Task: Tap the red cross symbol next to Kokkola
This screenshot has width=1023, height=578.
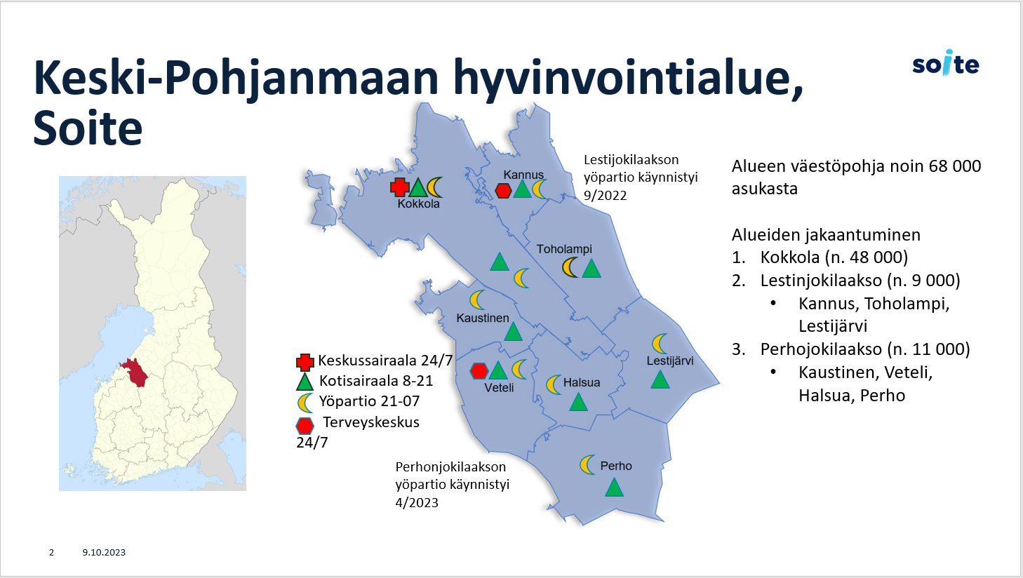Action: [400, 187]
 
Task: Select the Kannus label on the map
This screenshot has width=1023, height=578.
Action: [523, 175]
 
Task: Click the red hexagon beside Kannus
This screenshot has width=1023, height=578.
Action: [503, 190]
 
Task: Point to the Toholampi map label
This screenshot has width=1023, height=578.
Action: [564, 249]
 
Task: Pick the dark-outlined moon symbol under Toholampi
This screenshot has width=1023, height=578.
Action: [570, 267]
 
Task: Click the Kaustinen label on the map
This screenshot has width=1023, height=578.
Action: [483, 318]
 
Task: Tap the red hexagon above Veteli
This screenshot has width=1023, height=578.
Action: [479, 371]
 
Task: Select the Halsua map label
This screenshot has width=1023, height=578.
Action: [582, 382]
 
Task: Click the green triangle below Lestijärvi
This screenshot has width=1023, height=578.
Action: [660, 380]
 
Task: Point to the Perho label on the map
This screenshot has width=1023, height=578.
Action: [616, 466]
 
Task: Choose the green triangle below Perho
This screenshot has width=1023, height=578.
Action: [614, 487]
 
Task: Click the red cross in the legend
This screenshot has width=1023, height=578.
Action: [305, 362]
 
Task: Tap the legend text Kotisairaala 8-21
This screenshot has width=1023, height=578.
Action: [376, 380]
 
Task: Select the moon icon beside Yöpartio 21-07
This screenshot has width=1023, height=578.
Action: [305, 403]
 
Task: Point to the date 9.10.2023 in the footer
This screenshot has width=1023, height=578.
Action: [104, 553]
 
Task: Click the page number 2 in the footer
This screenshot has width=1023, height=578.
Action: [52, 553]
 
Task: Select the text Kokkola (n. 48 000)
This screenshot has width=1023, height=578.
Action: [834, 257]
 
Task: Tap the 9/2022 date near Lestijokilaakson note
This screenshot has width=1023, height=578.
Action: [605, 195]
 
